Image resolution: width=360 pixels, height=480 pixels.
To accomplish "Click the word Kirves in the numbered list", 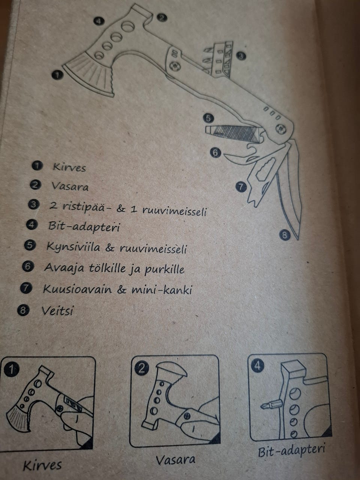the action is click(x=69, y=167).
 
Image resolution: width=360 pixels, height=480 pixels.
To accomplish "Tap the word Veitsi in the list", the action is click(x=57, y=310).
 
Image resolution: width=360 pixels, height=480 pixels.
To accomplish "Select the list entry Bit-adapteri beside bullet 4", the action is click(x=84, y=226).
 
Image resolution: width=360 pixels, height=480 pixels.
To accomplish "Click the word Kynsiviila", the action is click(x=73, y=247).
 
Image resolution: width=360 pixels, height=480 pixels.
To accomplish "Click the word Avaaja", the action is click(x=64, y=267).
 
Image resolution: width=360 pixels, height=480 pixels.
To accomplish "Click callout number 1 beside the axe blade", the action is click(x=57, y=75).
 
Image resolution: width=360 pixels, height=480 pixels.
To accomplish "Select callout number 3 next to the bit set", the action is click(x=241, y=56).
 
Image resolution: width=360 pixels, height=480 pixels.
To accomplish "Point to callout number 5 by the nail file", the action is click(x=208, y=118).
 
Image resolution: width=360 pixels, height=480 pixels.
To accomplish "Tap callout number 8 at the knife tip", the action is click(x=284, y=235).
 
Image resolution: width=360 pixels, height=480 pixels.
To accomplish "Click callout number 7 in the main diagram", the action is click(x=241, y=187).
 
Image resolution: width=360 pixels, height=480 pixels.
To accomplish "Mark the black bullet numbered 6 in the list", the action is click(x=28, y=266).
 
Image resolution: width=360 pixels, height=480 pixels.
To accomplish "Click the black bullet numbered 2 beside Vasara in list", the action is click(x=35, y=185).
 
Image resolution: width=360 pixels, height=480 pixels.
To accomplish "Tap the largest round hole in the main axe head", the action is click(x=128, y=27).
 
